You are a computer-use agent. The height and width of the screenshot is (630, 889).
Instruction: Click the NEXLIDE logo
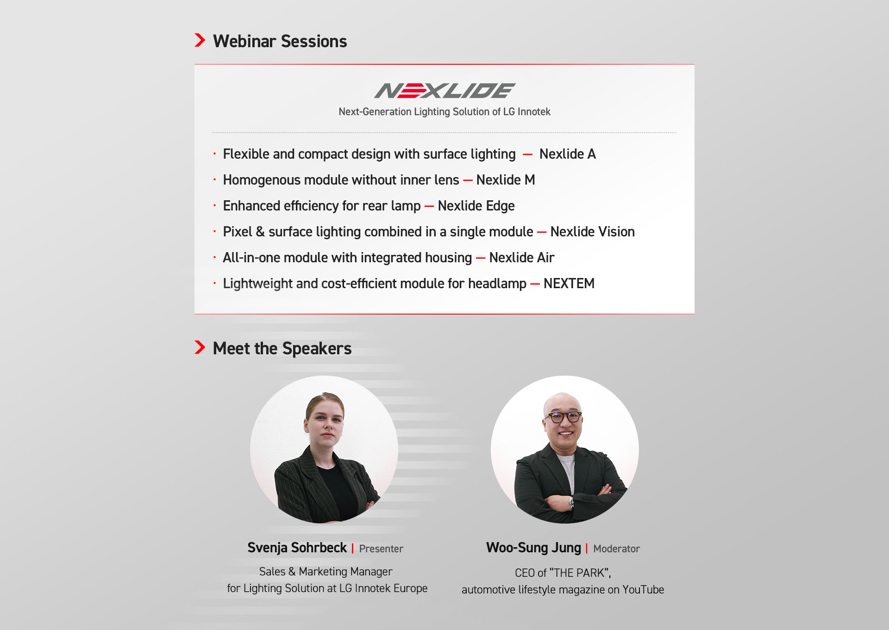pyautogui.click(x=444, y=91)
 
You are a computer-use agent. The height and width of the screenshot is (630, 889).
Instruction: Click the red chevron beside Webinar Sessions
pyautogui.click(x=200, y=40)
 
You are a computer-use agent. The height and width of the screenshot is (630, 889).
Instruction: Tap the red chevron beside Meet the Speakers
pyautogui.click(x=200, y=347)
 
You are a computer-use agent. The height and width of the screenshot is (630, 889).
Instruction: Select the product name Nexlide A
pyautogui.click(x=568, y=154)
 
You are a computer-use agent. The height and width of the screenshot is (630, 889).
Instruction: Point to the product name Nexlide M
pyautogui.click(x=506, y=180)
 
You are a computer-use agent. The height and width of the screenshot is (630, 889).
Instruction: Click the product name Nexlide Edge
pyautogui.click(x=476, y=206)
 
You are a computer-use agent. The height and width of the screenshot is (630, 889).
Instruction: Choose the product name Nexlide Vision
pyautogui.click(x=592, y=232)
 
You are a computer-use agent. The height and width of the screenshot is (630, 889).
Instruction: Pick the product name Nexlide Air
pyautogui.click(x=522, y=258)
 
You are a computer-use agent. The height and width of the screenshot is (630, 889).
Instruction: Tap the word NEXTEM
pyautogui.click(x=569, y=284)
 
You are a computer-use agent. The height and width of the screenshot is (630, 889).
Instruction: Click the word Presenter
pyautogui.click(x=381, y=549)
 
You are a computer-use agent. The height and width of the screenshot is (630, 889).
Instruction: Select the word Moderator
pyautogui.click(x=617, y=549)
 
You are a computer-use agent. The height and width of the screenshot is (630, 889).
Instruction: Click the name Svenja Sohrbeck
pyautogui.click(x=297, y=548)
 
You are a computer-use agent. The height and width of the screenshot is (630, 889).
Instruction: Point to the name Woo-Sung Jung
pyautogui.click(x=533, y=548)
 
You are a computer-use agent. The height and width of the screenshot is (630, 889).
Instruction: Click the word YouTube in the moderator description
pyautogui.click(x=643, y=590)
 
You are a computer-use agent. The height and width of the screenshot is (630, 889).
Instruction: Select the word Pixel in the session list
pyautogui.click(x=238, y=232)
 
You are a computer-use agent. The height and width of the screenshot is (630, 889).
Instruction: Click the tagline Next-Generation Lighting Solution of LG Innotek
pyautogui.click(x=444, y=112)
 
